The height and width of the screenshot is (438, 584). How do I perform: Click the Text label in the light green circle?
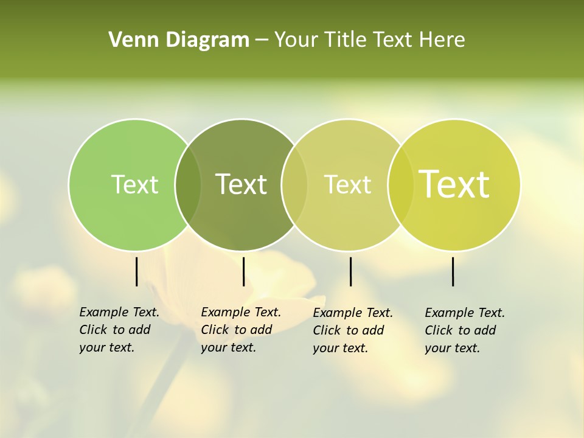pos(134,184)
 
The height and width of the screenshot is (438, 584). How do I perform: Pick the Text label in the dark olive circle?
pos(241,184)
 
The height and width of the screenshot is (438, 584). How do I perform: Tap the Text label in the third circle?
pos(347,184)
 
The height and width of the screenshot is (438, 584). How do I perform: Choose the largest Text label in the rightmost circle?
pos(454,184)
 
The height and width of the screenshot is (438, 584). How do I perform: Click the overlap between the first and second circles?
pos(188,184)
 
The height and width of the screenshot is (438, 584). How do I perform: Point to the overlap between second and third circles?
pos(294,184)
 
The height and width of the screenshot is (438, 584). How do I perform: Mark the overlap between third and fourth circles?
pos(400,184)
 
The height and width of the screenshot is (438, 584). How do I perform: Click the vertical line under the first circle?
pos(136,271)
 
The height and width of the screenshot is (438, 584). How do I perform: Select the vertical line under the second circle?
pos(243,271)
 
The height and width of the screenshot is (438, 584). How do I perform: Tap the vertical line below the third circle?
pos(350,271)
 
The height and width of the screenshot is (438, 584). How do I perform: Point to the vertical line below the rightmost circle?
pos(453,271)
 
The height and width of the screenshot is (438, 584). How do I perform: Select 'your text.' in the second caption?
pos(228,347)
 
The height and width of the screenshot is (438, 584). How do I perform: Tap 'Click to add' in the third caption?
pos(349,330)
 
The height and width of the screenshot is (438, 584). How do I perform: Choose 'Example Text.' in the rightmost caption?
pos(465,313)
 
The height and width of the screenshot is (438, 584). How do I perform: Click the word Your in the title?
pos(296,40)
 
